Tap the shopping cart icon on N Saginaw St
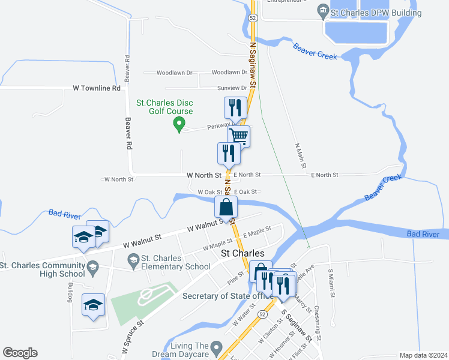[x=239, y=136]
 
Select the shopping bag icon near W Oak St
[x=226, y=208]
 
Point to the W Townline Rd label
[x=97, y=88]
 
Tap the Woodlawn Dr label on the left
[x=174, y=73]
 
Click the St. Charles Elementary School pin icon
[x=133, y=259]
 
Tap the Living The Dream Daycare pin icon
[x=218, y=347]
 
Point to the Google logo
[x=20, y=353]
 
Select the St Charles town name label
[x=243, y=254]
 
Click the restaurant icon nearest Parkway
[x=234, y=107]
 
